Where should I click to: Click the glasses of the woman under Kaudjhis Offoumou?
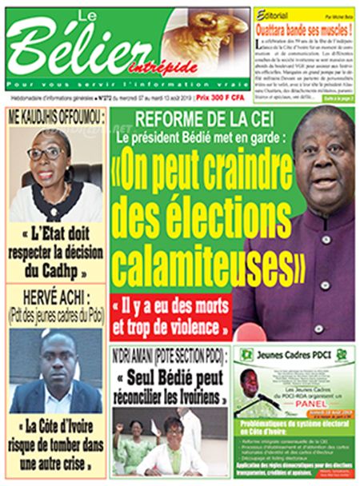[x=49, y=153]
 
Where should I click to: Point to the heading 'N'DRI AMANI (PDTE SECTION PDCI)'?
[x=168, y=353]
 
